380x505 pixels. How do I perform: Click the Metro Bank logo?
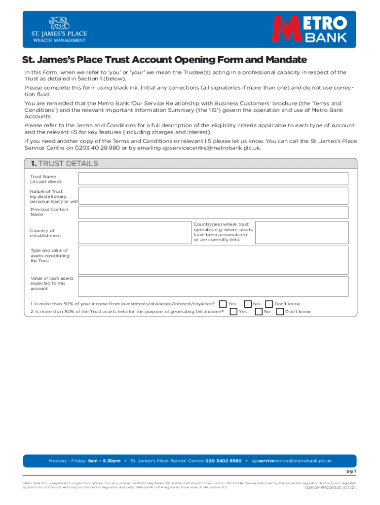(310, 29)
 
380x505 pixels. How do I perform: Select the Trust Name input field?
(213, 179)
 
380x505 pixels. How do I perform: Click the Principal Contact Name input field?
(213, 213)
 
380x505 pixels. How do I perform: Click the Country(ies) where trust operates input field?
(302, 232)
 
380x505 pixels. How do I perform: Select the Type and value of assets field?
(213, 260)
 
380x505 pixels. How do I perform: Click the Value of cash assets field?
(213, 287)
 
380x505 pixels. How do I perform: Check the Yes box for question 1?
(223, 304)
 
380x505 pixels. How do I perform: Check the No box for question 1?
(248, 304)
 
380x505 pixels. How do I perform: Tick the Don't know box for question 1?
(269, 304)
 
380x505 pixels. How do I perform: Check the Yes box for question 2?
(233, 312)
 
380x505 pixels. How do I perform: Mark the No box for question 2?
(259, 312)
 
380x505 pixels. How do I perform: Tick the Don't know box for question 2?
(280, 312)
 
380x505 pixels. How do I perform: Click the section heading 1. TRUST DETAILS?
(62, 164)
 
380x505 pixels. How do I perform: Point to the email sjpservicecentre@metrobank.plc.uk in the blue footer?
(292, 461)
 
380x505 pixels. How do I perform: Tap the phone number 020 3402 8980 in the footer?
(223, 461)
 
